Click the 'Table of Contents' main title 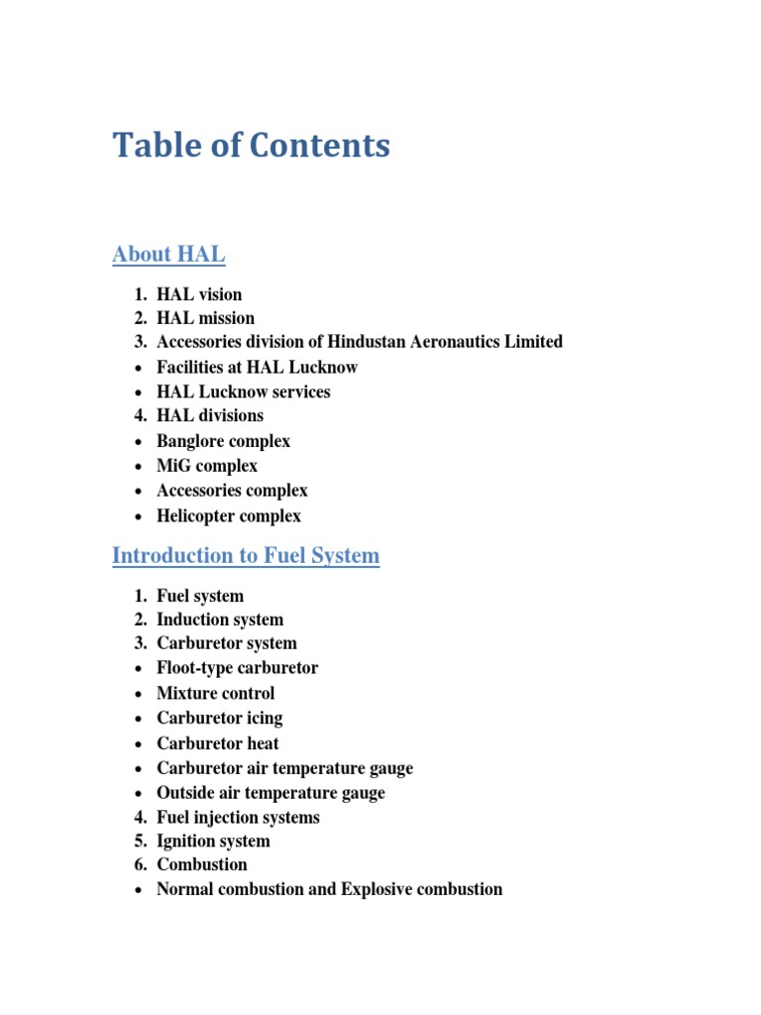[x=251, y=146]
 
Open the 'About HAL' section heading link [x=168, y=255]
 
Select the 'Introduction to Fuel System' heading [x=246, y=555]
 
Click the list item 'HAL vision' [x=199, y=294]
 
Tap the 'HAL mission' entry [x=205, y=318]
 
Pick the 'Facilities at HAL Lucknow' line [x=257, y=367]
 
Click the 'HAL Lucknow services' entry [x=243, y=392]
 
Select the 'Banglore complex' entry [x=223, y=441]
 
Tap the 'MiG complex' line [x=207, y=466]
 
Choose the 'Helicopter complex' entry [x=229, y=515]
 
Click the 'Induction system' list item [x=220, y=620]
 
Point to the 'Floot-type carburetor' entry [x=238, y=668]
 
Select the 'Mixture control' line [x=216, y=693]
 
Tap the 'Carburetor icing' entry [x=219, y=718]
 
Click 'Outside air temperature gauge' [x=271, y=793]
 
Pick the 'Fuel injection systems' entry [x=238, y=818]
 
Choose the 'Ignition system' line [x=213, y=841]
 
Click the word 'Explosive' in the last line [x=379, y=889]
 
